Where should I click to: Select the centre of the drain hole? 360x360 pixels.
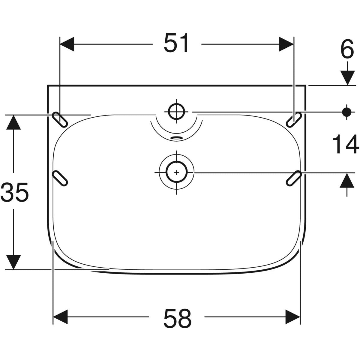(x=176, y=172)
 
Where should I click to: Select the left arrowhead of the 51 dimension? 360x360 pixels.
(x=67, y=44)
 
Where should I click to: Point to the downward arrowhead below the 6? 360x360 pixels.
(x=347, y=78)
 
